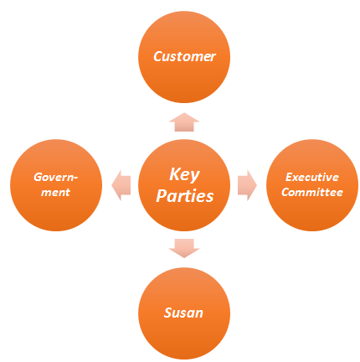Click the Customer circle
pos(184,57)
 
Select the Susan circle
pos(184,313)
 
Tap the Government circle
pos(56,185)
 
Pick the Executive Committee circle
pos(312,185)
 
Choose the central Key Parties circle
pos(184,185)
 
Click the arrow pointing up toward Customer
pos(184,122)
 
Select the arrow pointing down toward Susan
pos(184,248)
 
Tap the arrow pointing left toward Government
pos(121,185)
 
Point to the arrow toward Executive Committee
pos(247,185)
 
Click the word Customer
pos(184,56)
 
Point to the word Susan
pos(183,313)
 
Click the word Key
pos(184,175)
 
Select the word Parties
pos(185,195)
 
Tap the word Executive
pos(312,177)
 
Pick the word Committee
pos(312,192)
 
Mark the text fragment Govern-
pos(55,177)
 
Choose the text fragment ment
pos(55,192)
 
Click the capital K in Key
pos(175,174)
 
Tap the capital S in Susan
pos(168,313)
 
